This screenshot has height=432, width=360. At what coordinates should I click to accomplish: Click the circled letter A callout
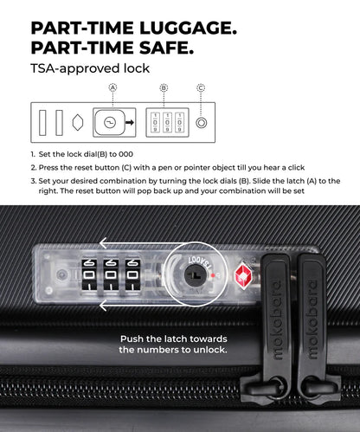(x=112, y=87)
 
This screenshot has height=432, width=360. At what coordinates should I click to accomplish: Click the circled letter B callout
(x=164, y=87)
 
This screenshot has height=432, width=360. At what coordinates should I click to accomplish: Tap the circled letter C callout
(x=201, y=87)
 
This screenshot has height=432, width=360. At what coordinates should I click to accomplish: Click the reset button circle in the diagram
(x=202, y=123)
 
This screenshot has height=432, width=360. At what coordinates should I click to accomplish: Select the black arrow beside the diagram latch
(x=130, y=122)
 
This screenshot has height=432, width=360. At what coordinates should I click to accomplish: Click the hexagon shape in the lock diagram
(x=78, y=122)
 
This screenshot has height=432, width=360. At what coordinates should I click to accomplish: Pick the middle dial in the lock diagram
(x=167, y=122)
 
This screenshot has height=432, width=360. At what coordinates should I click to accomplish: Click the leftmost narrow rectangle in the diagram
(x=42, y=123)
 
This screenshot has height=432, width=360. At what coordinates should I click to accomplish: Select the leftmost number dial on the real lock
(x=89, y=274)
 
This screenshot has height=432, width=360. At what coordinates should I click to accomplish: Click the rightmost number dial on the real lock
(x=132, y=274)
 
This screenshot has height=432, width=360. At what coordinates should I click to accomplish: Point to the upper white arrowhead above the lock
(x=103, y=243)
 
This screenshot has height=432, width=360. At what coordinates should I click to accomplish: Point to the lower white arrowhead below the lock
(x=103, y=306)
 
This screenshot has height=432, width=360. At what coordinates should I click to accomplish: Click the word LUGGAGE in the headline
(x=188, y=29)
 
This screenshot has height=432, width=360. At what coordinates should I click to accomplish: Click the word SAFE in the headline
(x=166, y=48)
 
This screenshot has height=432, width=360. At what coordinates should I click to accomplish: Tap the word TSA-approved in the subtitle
(x=75, y=68)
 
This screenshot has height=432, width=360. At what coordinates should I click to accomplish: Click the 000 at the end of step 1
(x=125, y=154)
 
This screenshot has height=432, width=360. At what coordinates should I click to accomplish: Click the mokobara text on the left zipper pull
(x=277, y=319)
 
